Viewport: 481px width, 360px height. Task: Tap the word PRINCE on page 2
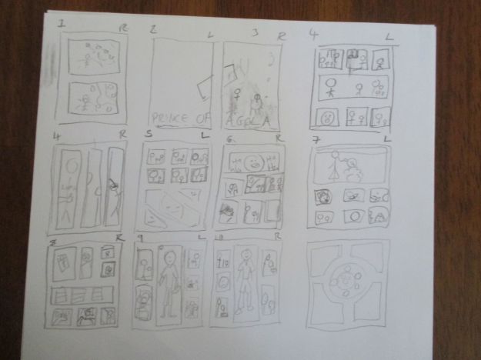click(171, 117)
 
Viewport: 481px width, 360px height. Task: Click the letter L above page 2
click(211, 35)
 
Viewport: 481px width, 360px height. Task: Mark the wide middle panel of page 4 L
click(354, 88)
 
